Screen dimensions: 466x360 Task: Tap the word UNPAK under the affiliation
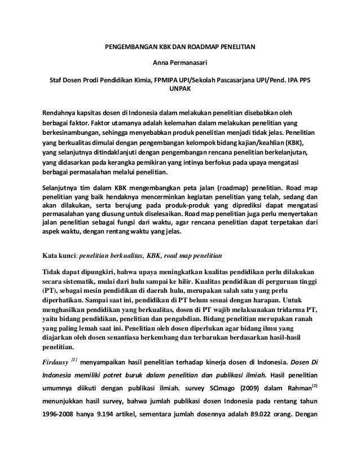(180, 89)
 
